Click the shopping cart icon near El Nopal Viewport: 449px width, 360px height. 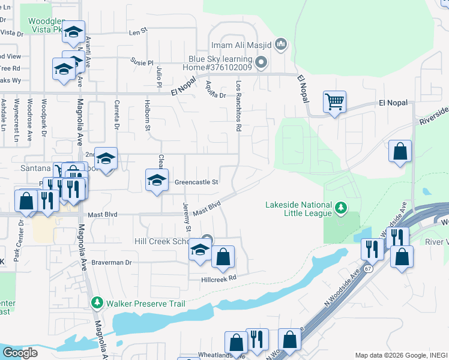coord(334,101)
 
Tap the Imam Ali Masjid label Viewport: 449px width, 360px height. coord(242,44)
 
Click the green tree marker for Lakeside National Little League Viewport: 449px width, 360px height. coord(341,207)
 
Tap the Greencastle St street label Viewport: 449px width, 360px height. coord(196,182)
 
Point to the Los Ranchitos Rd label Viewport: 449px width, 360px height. coord(239,106)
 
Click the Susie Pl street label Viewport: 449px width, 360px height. coord(142,62)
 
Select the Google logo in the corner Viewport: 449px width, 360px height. coord(20,353)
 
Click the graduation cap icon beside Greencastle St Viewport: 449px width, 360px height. coord(156,180)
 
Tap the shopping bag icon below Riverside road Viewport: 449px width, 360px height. coord(400,152)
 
